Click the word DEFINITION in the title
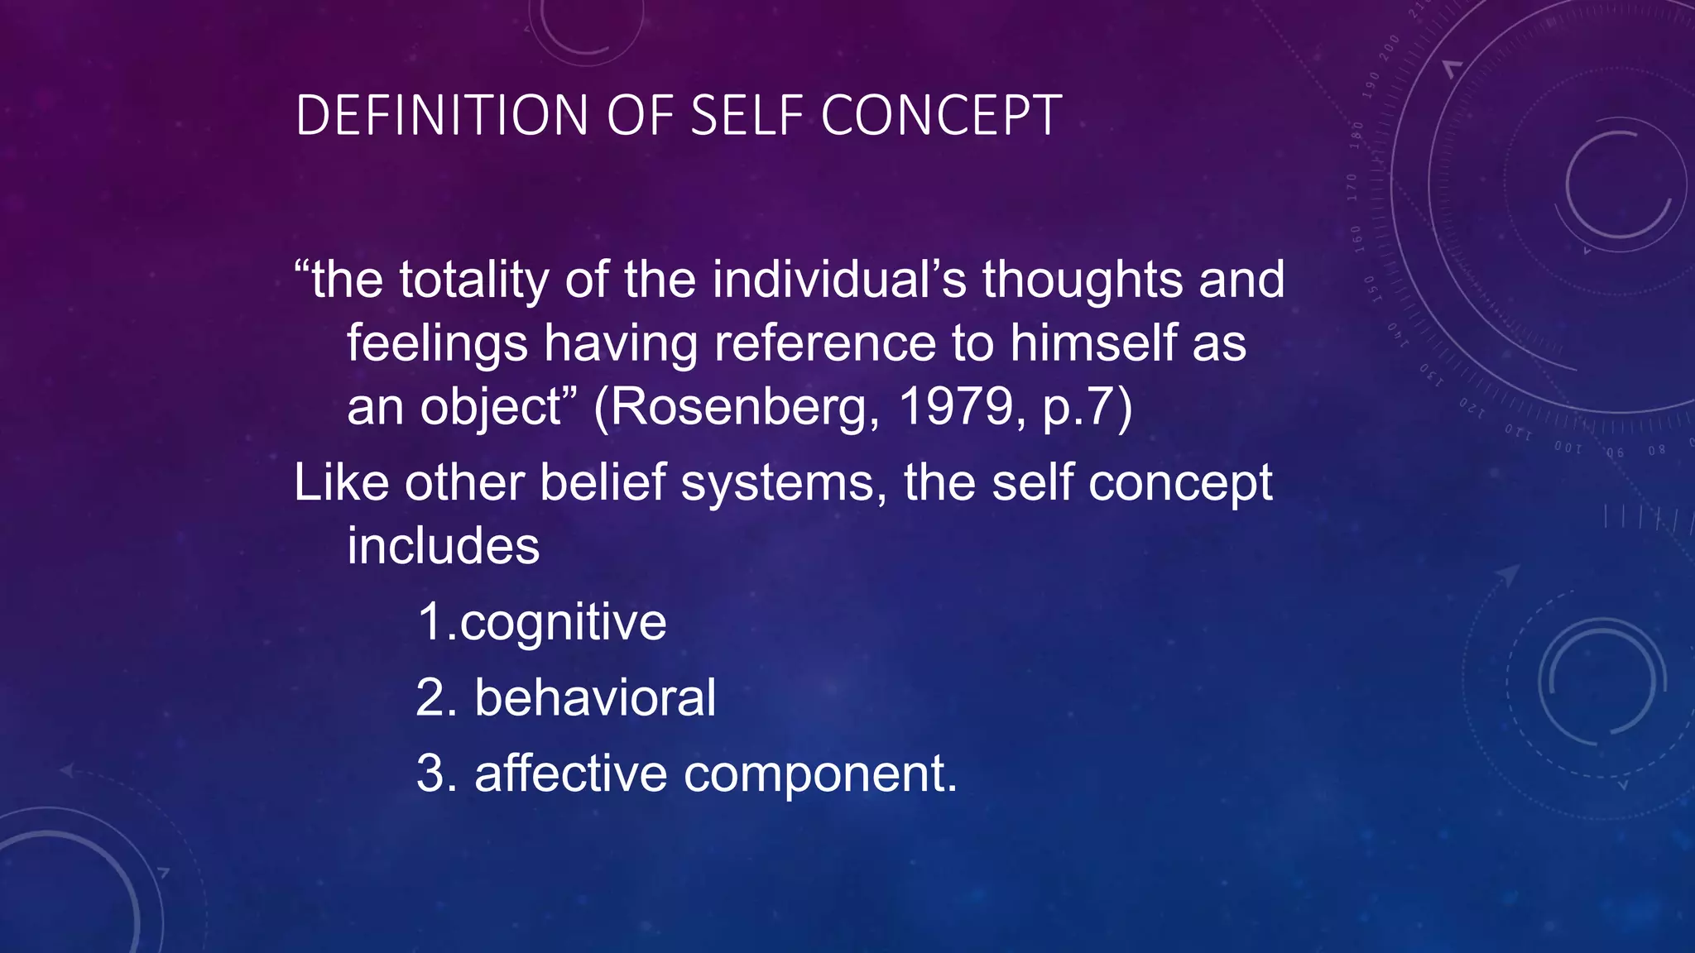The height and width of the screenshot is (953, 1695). [x=441, y=115]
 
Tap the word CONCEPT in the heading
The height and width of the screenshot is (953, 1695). [x=941, y=115]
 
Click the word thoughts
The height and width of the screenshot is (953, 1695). [x=1082, y=280]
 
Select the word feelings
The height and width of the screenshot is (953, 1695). [x=437, y=343]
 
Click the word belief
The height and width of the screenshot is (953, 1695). [x=603, y=482]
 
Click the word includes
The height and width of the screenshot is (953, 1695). [x=443, y=546]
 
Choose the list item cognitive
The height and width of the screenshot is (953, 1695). [x=563, y=622]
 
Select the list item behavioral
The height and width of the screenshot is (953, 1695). [x=594, y=697]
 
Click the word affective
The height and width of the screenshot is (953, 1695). [x=570, y=773]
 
